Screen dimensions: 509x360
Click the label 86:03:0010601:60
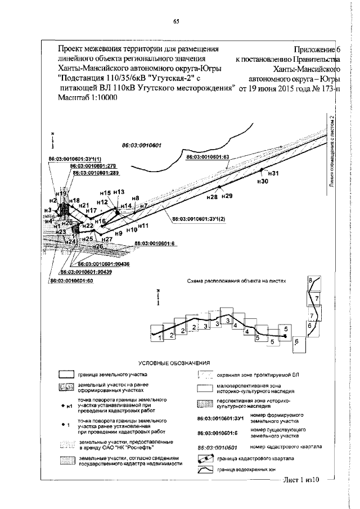(x=71, y=280)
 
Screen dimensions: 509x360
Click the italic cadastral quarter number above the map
(x=142, y=145)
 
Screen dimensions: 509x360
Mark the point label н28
(x=212, y=197)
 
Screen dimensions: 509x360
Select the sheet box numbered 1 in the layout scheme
(x=160, y=337)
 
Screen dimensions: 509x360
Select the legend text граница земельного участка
(x=112, y=374)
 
